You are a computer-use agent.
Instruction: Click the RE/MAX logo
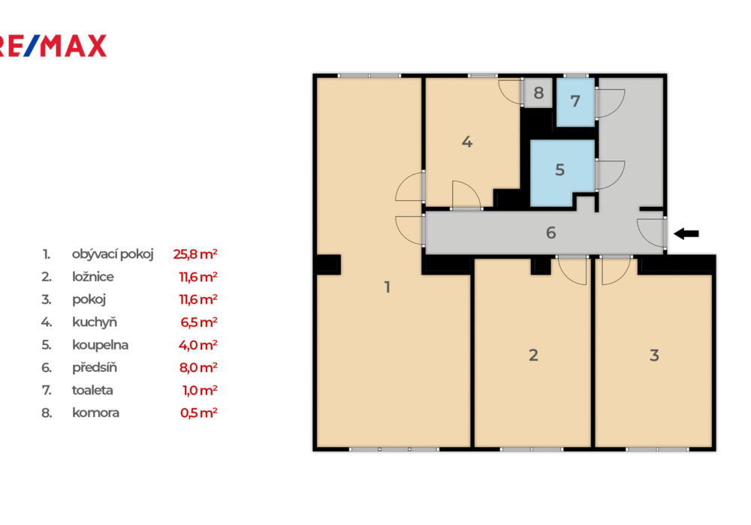(x=53, y=46)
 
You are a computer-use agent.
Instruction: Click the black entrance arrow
(x=686, y=234)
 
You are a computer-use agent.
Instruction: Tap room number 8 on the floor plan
(x=538, y=93)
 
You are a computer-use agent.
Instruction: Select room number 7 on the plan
(x=575, y=101)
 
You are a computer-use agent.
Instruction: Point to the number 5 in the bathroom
(x=560, y=169)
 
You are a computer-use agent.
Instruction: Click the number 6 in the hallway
(x=550, y=232)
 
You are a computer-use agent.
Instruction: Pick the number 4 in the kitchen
(x=467, y=142)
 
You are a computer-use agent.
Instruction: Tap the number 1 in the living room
(x=388, y=287)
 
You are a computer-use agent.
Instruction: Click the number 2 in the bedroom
(x=533, y=355)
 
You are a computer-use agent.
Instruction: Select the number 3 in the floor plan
(x=654, y=355)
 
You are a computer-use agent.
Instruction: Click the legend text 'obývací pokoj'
(x=113, y=254)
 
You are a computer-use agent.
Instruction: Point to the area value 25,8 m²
(x=195, y=254)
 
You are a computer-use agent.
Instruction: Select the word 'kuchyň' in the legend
(x=95, y=322)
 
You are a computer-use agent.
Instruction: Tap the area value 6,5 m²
(x=199, y=322)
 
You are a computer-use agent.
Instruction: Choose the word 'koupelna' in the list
(x=100, y=345)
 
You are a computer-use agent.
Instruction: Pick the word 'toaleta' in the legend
(x=92, y=390)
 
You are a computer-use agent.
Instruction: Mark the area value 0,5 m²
(x=199, y=413)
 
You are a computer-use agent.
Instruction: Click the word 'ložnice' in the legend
(x=93, y=277)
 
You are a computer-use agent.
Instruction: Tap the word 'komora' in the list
(x=96, y=413)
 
